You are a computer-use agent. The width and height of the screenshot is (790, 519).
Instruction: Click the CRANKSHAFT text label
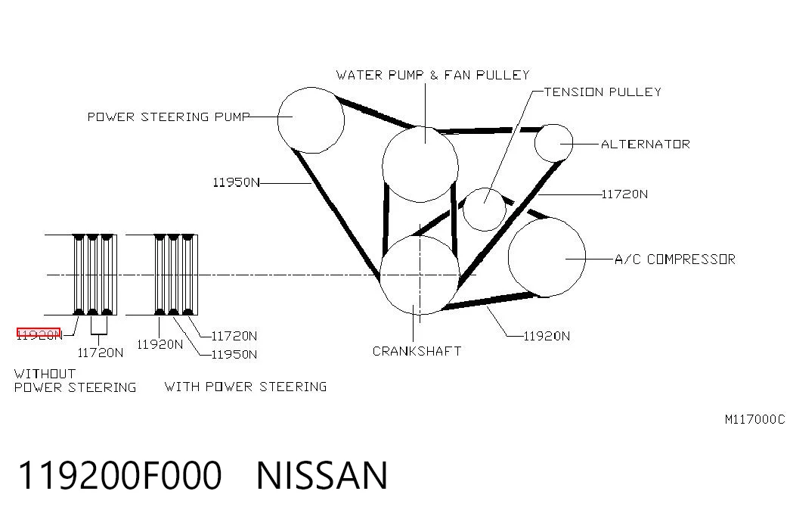[417, 351]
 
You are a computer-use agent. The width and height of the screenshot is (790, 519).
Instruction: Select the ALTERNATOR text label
[646, 145]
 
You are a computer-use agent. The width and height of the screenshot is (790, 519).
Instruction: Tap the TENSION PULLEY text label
[603, 92]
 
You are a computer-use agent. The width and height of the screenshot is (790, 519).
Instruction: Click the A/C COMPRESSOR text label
[675, 259]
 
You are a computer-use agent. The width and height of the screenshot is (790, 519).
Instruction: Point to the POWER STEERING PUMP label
[169, 117]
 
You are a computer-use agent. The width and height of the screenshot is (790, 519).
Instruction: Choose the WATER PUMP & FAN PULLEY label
[432, 75]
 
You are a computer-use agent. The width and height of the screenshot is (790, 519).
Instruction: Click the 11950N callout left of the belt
[236, 182]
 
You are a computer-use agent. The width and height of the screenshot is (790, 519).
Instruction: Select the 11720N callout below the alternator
[624, 194]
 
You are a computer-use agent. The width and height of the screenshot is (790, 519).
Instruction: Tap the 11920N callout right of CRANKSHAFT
[547, 336]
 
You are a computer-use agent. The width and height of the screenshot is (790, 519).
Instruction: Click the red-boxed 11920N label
[39, 334]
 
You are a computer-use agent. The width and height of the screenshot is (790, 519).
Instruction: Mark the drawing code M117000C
[754, 419]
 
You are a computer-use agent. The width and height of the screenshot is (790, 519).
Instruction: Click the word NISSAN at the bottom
[322, 475]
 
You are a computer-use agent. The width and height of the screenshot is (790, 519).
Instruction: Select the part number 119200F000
[120, 475]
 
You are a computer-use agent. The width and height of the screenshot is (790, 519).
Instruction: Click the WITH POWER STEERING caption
[246, 387]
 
